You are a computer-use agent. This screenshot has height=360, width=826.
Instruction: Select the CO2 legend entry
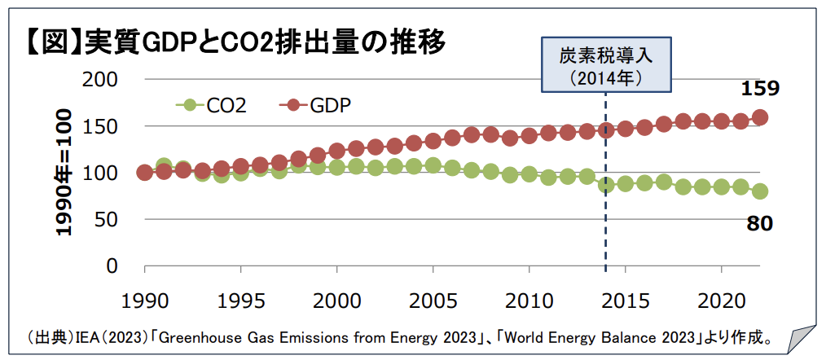[212, 104]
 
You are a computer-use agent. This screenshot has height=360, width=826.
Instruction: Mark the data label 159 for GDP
[759, 88]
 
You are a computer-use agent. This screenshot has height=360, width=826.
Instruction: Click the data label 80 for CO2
[759, 222]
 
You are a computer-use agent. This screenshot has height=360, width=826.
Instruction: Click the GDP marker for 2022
[760, 117]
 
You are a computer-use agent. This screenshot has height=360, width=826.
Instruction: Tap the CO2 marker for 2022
[760, 191]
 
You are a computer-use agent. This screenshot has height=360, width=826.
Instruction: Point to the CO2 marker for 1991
[164, 166]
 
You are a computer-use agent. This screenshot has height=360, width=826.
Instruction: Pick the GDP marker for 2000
[337, 151]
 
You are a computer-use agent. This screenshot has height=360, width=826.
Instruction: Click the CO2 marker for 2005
[433, 165]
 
